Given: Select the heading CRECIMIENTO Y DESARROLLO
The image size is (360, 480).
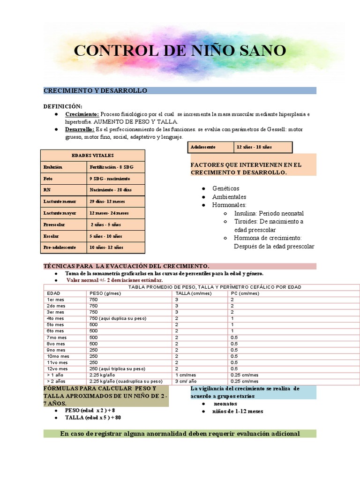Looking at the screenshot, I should pyautogui.click(x=95, y=90).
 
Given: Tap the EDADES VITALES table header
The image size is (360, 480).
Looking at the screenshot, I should pyautogui.click(x=92, y=156).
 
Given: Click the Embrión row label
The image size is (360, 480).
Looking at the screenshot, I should pyautogui.click(x=52, y=167).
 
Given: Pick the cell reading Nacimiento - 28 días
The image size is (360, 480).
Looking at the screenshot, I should pyautogui.click(x=111, y=190).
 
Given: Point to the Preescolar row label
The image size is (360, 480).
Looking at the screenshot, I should pyautogui.click(x=54, y=225).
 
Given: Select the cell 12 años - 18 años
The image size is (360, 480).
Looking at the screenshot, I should pyautogui.click(x=254, y=147).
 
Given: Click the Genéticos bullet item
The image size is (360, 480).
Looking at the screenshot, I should pyautogui.click(x=225, y=188).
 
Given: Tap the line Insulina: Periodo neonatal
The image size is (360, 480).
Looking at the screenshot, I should pyautogui.click(x=269, y=213).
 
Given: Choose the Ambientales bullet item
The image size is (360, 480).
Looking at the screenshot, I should pyautogui.click(x=229, y=197).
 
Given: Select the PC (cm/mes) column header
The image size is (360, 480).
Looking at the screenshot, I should pyautogui.click(x=244, y=293).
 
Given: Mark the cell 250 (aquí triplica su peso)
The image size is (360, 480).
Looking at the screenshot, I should pyautogui.click(x=117, y=368).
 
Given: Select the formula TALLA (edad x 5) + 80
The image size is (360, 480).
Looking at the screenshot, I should pyautogui.click(x=93, y=418).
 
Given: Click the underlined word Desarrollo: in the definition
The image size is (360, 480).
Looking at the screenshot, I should pyautogui.click(x=79, y=129).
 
